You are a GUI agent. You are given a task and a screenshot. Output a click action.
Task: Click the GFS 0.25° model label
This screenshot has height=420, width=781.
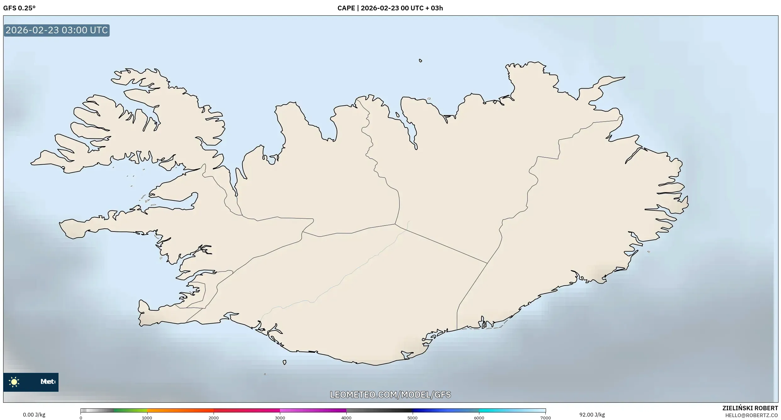tap(19, 8)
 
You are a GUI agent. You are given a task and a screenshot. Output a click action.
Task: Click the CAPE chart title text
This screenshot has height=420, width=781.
tap(390, 8)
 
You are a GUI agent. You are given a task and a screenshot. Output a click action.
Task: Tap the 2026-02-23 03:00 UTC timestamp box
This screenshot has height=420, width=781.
tap(57, 30)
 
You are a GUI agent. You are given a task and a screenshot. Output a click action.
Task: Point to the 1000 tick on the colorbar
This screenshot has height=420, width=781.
tap(147, 418)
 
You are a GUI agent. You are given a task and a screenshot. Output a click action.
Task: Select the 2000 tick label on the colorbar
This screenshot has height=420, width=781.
tap(214, 418)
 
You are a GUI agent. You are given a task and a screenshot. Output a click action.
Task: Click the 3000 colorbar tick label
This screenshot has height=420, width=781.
tap(280, 418)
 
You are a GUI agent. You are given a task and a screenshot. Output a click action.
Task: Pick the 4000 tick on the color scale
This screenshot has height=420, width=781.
tap(346, 418)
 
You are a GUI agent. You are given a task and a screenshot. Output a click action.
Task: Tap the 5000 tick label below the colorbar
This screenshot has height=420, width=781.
tap(413, 418)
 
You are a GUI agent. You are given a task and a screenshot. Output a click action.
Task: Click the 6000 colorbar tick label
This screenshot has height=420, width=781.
tap(479, 418)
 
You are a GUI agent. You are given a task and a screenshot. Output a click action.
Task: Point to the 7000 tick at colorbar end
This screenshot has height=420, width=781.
tap(545, 418)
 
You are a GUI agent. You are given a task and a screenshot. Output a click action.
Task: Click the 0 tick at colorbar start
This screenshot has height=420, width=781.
tap(81, 418)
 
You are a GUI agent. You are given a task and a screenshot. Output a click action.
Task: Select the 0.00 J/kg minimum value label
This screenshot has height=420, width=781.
tap(34, 415)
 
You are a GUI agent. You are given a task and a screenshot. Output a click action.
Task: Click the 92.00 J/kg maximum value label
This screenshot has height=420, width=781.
tap(592, 415)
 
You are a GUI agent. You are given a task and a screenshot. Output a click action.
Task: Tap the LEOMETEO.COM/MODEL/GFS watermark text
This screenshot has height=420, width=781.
tap(390, 395)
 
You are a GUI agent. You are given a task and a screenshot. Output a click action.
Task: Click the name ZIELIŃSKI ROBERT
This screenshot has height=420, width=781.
tap(750, 408)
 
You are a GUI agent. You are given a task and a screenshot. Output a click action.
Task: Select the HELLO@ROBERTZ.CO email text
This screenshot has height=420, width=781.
tap(751, 415)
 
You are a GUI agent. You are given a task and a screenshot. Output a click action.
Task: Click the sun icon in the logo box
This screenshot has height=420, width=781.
tap(14, 382)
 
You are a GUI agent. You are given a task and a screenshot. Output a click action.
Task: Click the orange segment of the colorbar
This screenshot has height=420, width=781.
tap(179, 411)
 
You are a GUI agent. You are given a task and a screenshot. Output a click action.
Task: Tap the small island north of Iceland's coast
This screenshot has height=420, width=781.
tap(421, 61)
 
